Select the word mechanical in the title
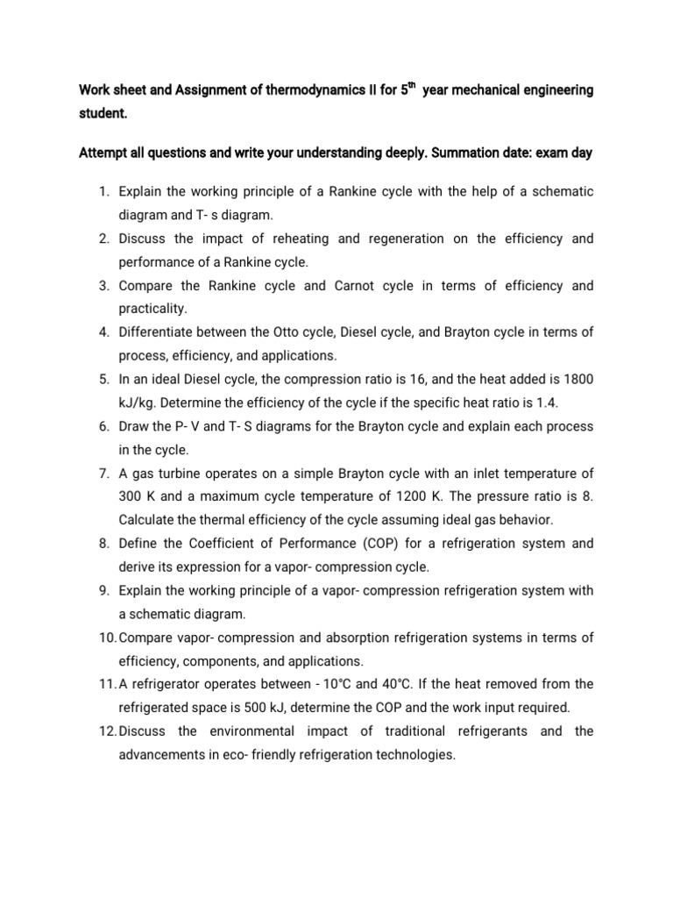[x=485, y=90]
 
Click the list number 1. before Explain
[x=103, y=191]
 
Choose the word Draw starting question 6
[x=134, y=426]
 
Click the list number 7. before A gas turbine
[x=103, y=474]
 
